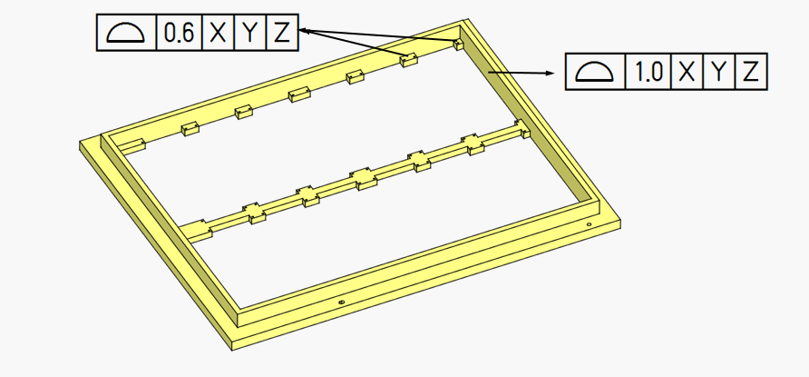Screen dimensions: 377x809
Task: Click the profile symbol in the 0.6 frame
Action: pyautogui.click(x=125, y=33)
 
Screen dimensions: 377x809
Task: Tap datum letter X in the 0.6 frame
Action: pyautogui.click(x=219, y=33)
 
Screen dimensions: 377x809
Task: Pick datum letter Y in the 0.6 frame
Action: pyautogui.click(x=250, y=33)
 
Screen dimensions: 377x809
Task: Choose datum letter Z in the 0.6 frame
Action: pyautogui.click(x=282, y=33)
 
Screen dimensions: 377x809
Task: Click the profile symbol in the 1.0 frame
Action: pyautogui.click(x=594, y=72)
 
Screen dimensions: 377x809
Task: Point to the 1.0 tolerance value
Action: pyautogui.click(x=648, y=72)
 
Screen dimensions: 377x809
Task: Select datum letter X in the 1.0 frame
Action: pyautogui.click(x=687, y=72)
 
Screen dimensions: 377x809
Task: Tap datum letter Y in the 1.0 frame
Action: pyautogui.click(x=718, y=72)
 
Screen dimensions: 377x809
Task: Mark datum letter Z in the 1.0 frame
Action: pyautogui.click(x=750, y=72)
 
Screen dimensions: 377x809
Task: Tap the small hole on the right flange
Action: pyautogui.click(x=589, y=223)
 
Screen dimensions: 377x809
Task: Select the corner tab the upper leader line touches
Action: pyautogui.click(x=458, y=43)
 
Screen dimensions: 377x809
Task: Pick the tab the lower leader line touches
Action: pyautogui.click(x=409, y=60)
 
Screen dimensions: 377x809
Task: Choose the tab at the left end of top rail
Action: pyautogui.click(x=135, y=144)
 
